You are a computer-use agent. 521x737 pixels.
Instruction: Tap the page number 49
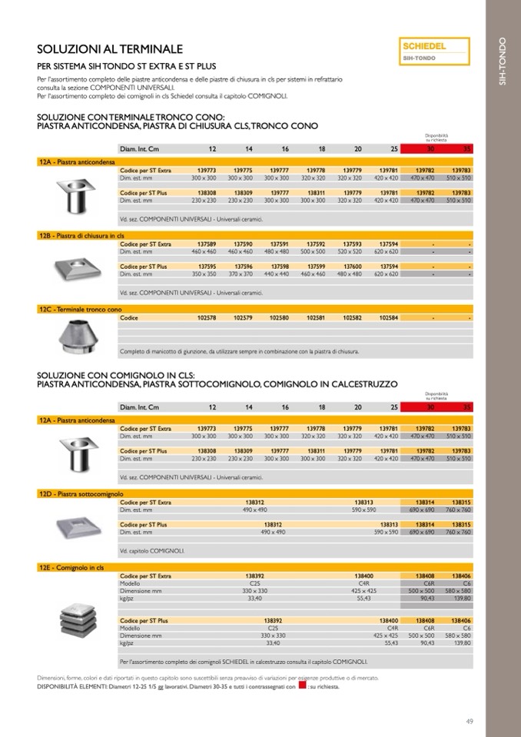point(470,720)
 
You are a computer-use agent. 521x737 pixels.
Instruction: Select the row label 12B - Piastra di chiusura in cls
point(81,234)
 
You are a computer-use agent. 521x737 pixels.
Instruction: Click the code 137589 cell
point(207,244)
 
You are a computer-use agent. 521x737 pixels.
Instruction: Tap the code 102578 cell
point(207,317)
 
